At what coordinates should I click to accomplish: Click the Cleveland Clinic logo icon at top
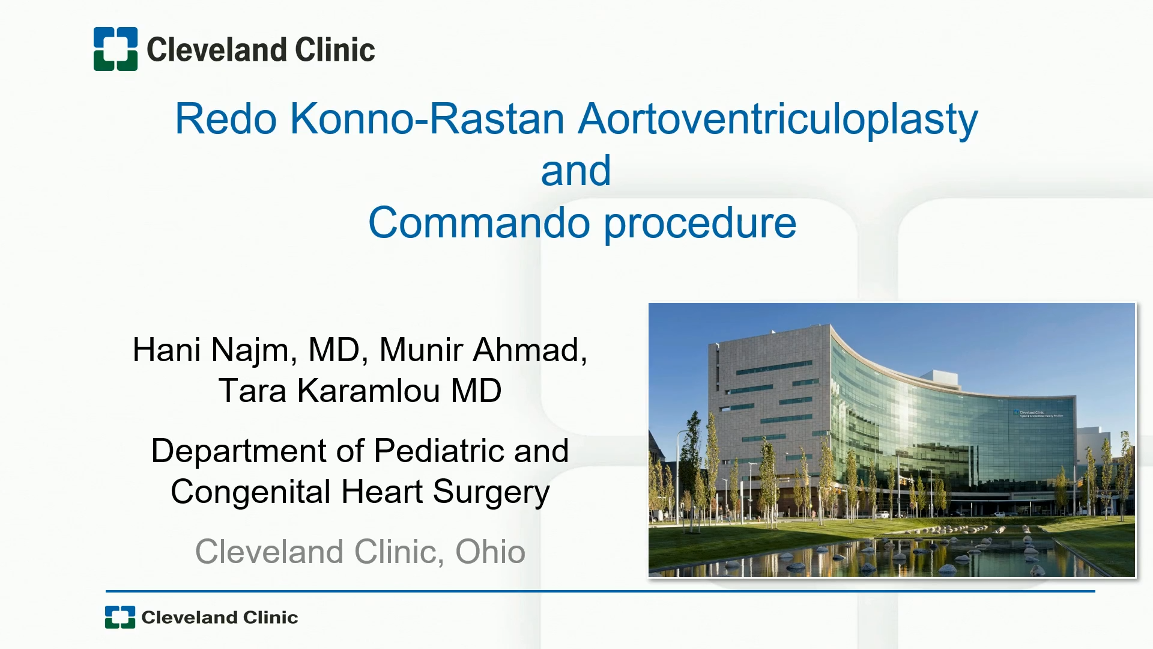(x=115, y=49)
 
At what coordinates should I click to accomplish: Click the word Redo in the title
(x=226, y=119)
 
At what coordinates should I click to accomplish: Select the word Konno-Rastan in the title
(x=428, y=119)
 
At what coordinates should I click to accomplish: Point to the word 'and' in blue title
(x=576, y=171)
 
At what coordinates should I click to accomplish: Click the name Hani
(x=166, y=350)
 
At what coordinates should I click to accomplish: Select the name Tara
(x=252, y=391)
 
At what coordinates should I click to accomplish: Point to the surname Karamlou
(x=369, y=391)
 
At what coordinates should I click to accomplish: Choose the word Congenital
(x=250, y=493)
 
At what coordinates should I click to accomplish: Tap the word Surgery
(x=491, y=493)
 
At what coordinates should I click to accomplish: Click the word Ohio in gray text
(x=490, y=552)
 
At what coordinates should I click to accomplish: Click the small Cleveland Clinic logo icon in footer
(x=120, y=617)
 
